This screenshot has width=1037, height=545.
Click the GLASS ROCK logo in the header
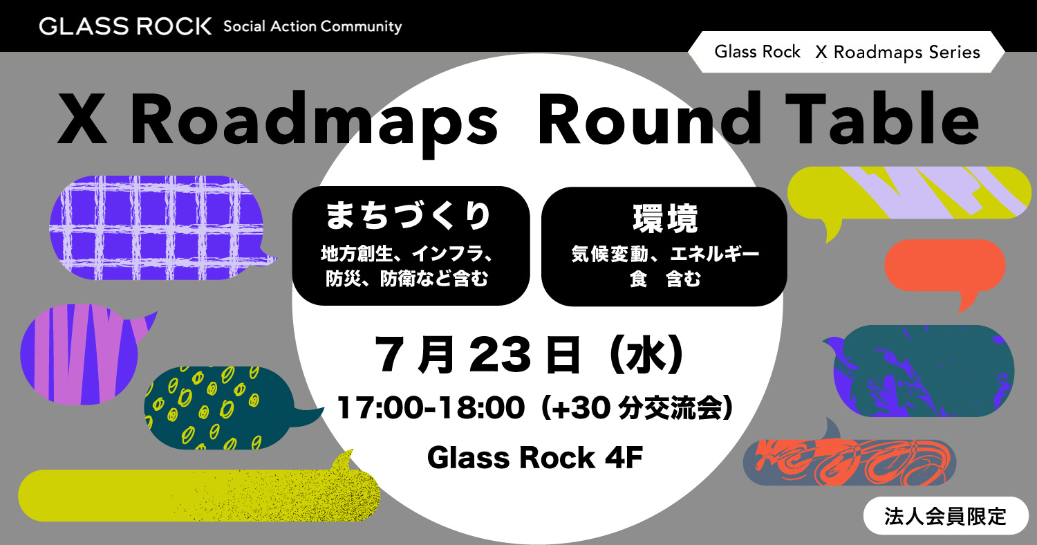(x=125, y=26)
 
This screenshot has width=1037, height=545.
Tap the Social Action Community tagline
(x=312, y=27)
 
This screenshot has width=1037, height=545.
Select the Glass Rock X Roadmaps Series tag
(x=846, y=52)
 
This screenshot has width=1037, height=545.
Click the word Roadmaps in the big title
(x=314, y=120)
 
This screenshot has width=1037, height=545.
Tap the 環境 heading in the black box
(x=665, y=218)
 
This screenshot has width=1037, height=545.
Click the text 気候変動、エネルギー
(x=665, y=254)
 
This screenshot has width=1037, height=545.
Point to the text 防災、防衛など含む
(x=407, y=279)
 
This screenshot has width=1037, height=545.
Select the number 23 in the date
(x=500, y=355)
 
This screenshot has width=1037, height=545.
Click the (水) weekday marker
(x=646, y=355)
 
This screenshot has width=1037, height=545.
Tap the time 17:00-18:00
(x=431, y=408)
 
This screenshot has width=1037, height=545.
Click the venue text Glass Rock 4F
(x=535, y=457)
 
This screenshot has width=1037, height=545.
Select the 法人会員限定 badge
(x=945, y=516)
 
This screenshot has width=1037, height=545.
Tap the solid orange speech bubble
(x=945, y=268)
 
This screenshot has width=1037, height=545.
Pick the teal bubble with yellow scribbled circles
(x=222, y=408)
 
